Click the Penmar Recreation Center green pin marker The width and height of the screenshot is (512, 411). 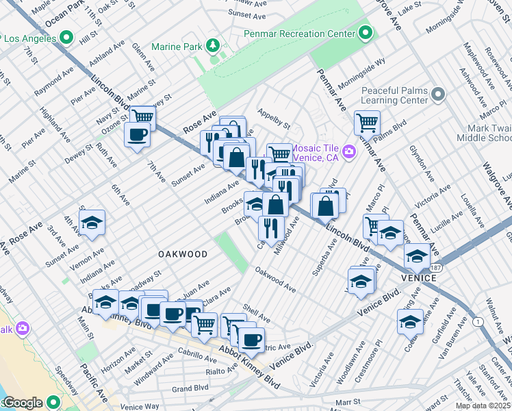click(x=366, y=33)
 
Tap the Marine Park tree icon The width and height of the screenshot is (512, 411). click(x=214, y=46)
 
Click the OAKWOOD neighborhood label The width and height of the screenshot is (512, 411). click(x=183, y=254)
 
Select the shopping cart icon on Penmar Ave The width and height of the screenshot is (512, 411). click(x=367, y=123)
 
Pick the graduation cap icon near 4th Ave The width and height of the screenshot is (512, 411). click(x=92, y=223)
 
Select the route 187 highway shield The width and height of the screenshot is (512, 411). click(x=436, y=268)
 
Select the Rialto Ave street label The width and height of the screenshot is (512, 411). click(x=221, y=371)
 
